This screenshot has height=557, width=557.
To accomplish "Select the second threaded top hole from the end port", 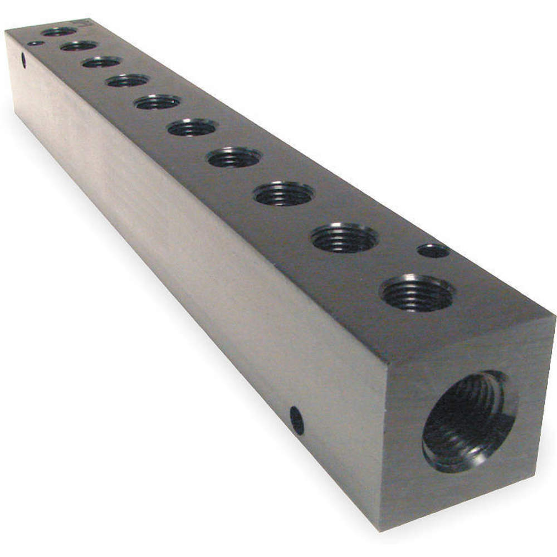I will tap(344, 238).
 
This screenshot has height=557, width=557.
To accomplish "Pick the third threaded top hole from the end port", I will tap(284, 194).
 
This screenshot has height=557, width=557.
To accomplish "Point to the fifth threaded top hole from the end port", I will tap(192, 128).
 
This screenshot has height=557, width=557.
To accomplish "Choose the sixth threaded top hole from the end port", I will tap(157, 102).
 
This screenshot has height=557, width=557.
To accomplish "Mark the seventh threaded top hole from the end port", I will tap(128, 81).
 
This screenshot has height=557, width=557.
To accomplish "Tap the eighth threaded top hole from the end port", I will tap(101, 62).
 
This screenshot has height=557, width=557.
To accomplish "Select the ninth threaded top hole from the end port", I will tap(79, 46).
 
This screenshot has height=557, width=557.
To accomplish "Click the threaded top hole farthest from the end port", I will tap(59, 31).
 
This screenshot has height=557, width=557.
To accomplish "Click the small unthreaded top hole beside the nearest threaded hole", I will tap(433, 251).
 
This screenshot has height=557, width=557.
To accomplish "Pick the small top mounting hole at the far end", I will tap(35, 43).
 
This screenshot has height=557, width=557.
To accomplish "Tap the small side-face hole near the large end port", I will tap(297, 421).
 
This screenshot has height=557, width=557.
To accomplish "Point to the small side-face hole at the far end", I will tap(24, 61).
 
